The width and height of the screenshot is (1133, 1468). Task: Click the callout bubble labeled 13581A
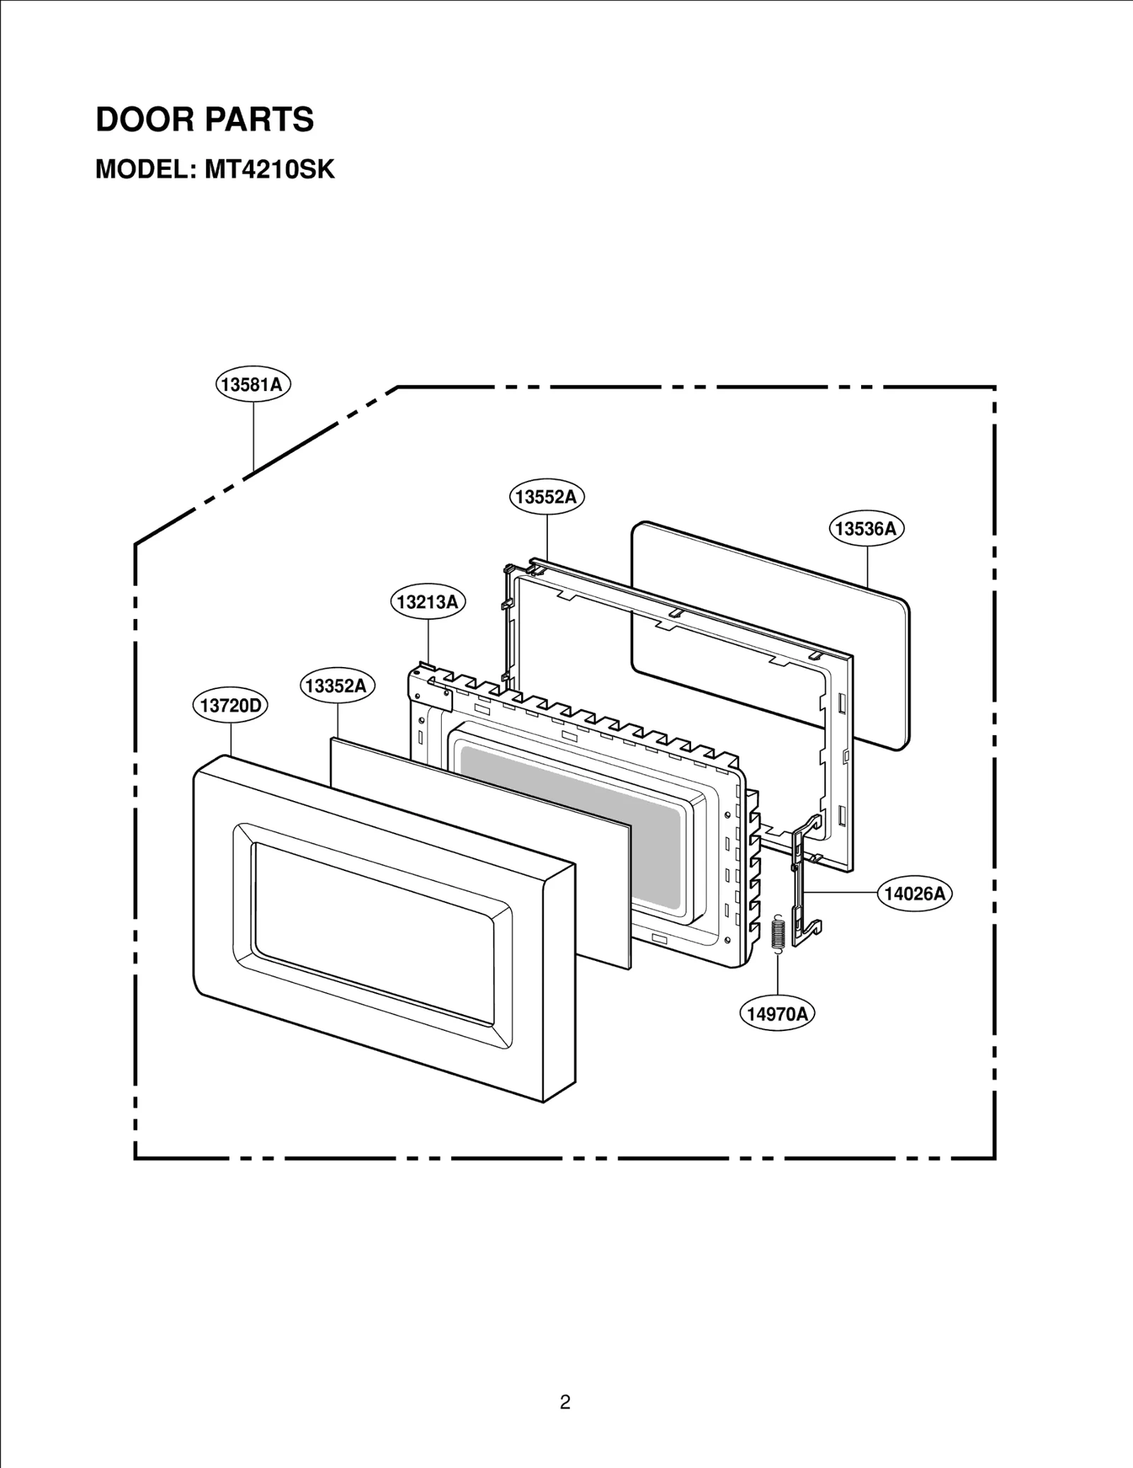point(253,385)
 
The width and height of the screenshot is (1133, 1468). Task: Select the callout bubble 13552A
point(546,496)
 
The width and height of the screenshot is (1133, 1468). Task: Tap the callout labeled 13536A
point(866,529)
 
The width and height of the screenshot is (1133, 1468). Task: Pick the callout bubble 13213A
point(428,602)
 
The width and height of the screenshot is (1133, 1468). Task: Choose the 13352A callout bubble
point(337,685)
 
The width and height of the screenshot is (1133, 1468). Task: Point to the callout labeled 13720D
point(230,705)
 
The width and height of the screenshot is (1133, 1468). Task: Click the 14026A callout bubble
point(915,893)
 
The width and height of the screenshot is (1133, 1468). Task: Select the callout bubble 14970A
point(777,1014)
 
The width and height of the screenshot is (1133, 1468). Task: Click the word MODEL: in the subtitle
point(144,170)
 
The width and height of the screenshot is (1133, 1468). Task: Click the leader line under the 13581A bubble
point(253,436)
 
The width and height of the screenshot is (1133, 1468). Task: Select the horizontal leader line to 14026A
point(843,893)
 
